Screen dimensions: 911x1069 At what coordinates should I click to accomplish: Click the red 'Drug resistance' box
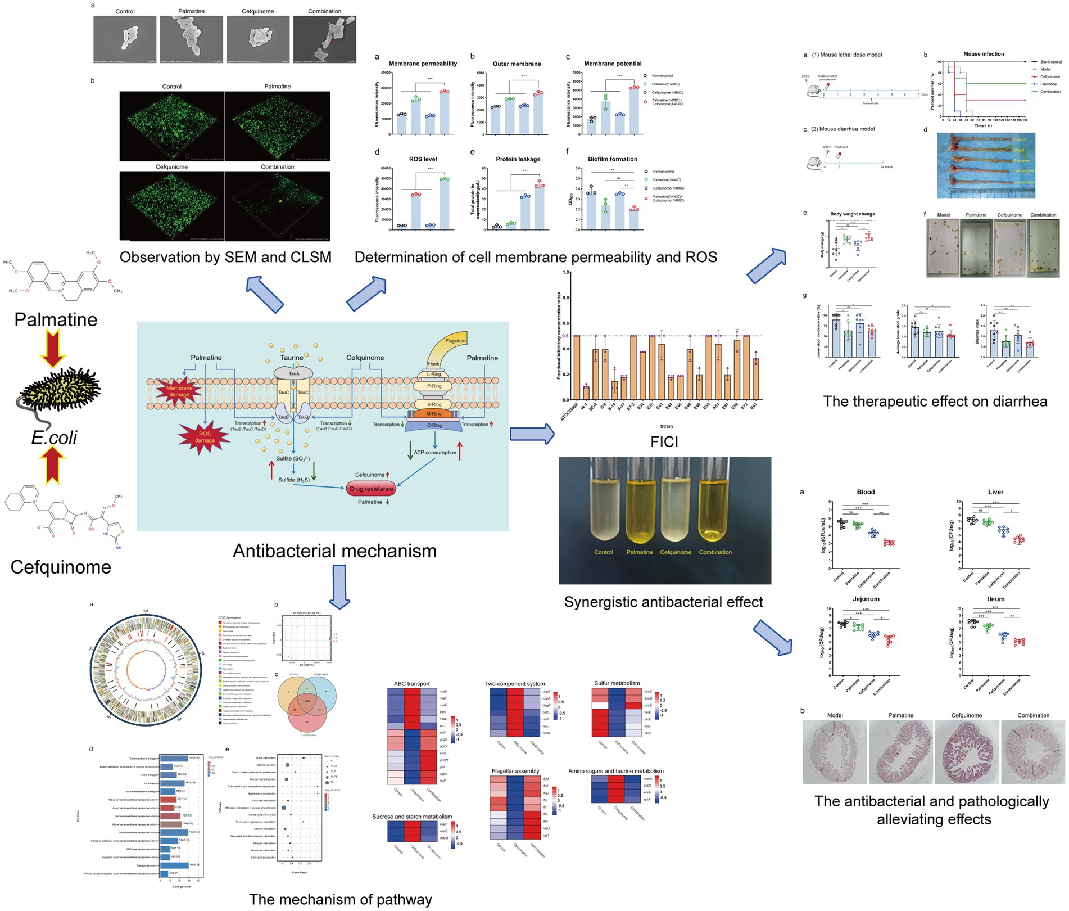click(371, 489)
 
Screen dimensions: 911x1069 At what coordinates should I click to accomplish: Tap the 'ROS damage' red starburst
click(205, 437)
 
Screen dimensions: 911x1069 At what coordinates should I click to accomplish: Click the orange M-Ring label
click(434, 414)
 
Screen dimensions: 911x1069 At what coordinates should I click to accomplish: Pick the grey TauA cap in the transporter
click(293, 373)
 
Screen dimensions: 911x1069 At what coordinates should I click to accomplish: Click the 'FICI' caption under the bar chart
click(664, 442)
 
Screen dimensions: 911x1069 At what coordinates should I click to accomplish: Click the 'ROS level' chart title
click(423, 159)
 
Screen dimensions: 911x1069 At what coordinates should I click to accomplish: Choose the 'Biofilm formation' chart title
click(612, 159)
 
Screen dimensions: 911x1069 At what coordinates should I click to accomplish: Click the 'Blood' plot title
click(866, 492)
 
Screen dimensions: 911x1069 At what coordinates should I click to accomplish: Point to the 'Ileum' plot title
click(995, 599)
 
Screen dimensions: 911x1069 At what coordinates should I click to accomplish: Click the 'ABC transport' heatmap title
click(411, 684)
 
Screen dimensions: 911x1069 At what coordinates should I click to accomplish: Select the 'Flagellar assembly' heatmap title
click(515, 771)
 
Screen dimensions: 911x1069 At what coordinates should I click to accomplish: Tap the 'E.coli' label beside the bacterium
click(55, 438)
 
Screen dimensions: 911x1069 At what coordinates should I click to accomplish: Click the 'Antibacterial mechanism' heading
click(334, 551)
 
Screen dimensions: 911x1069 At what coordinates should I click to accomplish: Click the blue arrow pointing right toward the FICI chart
click(532, 434)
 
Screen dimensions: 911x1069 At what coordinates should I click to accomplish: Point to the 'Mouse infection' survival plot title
click(984, 54)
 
